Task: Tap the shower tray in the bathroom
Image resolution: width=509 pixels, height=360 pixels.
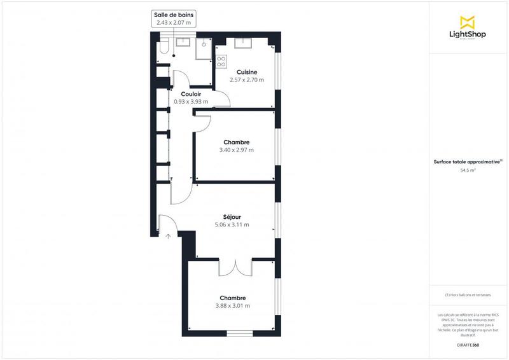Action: coord(204,48)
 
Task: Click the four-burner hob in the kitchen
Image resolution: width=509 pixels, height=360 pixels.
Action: coord(221,62)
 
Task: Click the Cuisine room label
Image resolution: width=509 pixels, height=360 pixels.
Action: coord(247,72)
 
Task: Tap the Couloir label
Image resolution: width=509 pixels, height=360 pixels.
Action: coord(192,94)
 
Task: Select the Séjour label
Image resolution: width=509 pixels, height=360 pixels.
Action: coord(232,217)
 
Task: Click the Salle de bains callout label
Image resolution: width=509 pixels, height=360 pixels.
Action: coord(174,14)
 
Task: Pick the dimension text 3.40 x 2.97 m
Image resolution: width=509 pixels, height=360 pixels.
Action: coord(236,150)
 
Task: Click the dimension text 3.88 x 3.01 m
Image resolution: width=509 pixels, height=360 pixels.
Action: coord(232,306)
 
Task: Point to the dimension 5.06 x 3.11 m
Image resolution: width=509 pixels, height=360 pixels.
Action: coord(232,225)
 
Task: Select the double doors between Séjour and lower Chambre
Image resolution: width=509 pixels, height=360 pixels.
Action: coord(236,267)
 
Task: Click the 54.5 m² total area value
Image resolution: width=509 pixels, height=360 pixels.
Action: coord(468,170)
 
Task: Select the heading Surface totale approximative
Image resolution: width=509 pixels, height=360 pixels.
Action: coord(468,162)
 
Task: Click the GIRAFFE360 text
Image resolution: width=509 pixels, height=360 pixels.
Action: coord(468,344)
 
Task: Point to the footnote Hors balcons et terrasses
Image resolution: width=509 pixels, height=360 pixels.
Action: coord(468,295)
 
